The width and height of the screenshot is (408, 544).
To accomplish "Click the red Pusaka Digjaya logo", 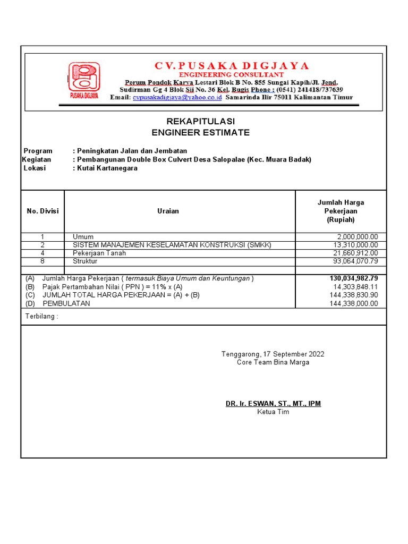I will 83,80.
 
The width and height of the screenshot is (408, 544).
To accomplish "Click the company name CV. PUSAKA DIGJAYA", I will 231,66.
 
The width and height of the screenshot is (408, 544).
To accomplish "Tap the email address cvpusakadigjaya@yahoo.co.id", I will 177,98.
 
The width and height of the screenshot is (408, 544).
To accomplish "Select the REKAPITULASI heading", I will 200,122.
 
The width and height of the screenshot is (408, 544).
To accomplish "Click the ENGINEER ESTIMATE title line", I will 200,133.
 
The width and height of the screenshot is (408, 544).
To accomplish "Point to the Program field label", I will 38,151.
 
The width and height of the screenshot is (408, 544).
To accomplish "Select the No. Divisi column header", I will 42,211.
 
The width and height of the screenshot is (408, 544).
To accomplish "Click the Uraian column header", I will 168,211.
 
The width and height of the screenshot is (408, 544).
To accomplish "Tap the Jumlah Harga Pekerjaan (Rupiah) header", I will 341,211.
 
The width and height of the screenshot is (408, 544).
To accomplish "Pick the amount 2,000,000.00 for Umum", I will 358,237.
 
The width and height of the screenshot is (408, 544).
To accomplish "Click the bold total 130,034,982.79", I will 354,278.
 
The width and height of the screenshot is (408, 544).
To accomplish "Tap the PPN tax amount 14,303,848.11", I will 354,287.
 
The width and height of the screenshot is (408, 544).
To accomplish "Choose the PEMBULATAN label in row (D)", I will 66,304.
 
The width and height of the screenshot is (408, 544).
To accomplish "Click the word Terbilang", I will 41,317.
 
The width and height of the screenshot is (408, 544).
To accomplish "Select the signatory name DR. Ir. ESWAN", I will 273,404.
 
